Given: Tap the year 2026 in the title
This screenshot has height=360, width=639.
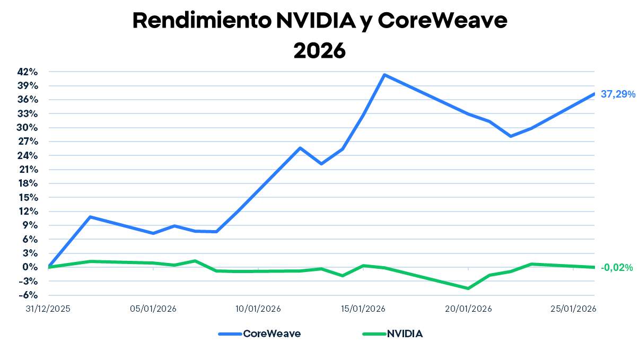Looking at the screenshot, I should (319, 51).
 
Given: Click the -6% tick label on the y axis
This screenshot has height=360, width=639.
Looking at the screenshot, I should (29, 295).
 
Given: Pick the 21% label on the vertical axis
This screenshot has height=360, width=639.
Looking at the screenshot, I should (29, 170).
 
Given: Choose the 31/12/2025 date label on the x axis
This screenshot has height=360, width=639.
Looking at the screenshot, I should (48, 309).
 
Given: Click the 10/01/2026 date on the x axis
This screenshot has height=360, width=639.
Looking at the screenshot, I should (258, 309).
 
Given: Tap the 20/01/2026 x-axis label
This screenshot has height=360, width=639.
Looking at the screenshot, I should (468, 309).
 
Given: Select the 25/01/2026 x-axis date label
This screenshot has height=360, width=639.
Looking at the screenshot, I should (573, 309).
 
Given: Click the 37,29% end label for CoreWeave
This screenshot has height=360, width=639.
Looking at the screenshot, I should (618, 94).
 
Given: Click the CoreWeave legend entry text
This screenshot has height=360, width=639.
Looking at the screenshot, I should (272, 333).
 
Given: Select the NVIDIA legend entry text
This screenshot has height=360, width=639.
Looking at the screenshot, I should (405, 333).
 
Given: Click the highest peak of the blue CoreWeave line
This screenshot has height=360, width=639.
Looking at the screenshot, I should (384, 75).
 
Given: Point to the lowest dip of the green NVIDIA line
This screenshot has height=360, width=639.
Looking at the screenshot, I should (468, 288).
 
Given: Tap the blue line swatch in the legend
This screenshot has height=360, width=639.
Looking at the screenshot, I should (230, 334).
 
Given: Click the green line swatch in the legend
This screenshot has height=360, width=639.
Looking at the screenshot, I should (373, 334).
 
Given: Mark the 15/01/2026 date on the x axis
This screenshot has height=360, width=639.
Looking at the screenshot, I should (363, 309).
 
